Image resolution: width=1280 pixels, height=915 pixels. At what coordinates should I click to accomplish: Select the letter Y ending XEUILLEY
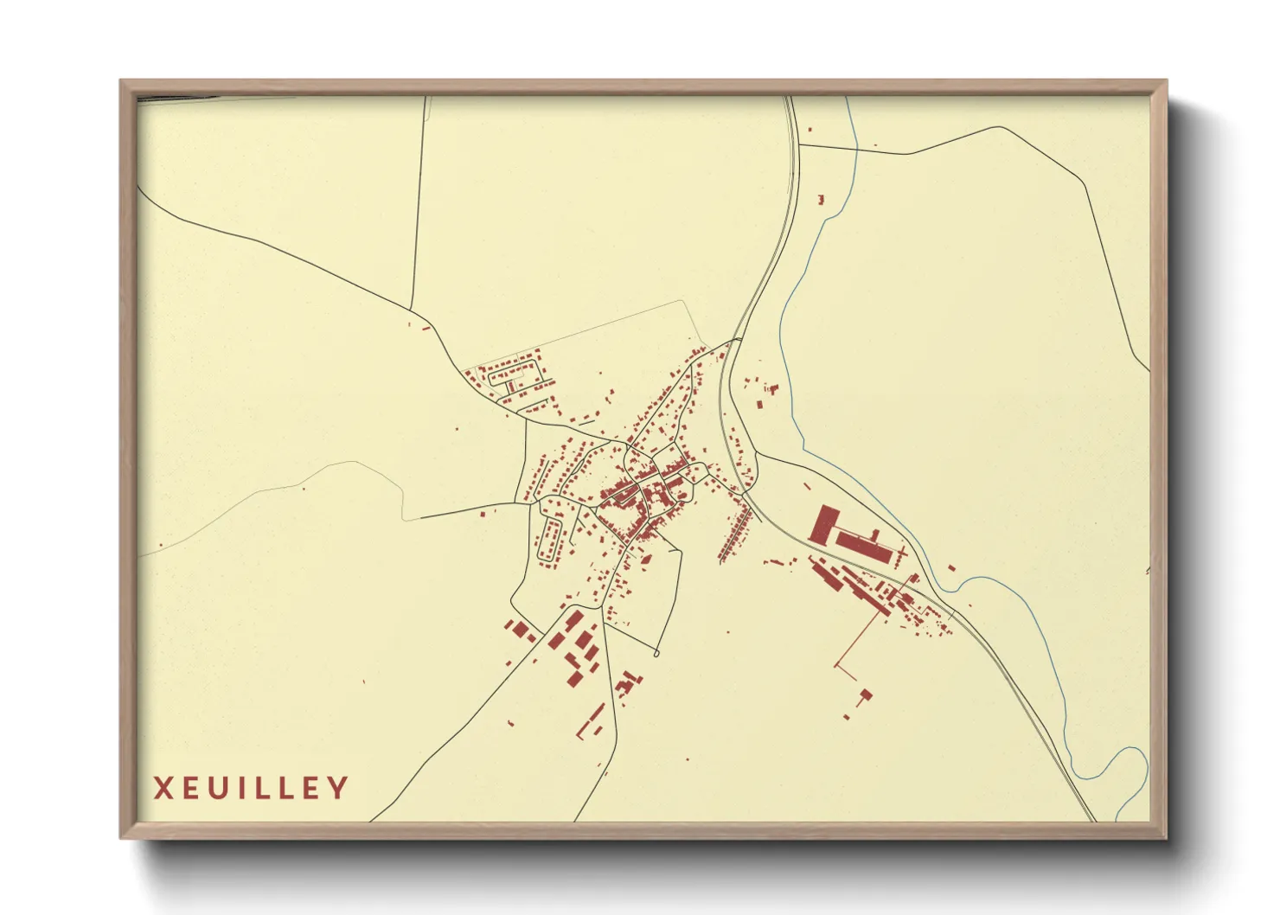(x=338, y=788)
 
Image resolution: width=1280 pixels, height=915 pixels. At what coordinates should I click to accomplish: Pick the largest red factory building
(x=823, y=524)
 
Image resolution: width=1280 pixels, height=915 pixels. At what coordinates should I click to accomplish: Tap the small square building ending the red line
(x=867, y=694)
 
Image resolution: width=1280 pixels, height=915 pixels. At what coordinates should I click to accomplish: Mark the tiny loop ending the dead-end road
(x=656, y=654)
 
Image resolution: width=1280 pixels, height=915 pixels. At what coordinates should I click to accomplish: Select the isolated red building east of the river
(x=951, y=568)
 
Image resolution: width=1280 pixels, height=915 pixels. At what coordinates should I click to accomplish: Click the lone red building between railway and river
(x=821, y=200)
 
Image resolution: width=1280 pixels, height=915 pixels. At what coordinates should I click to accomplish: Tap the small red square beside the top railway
(x=810, y=130)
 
